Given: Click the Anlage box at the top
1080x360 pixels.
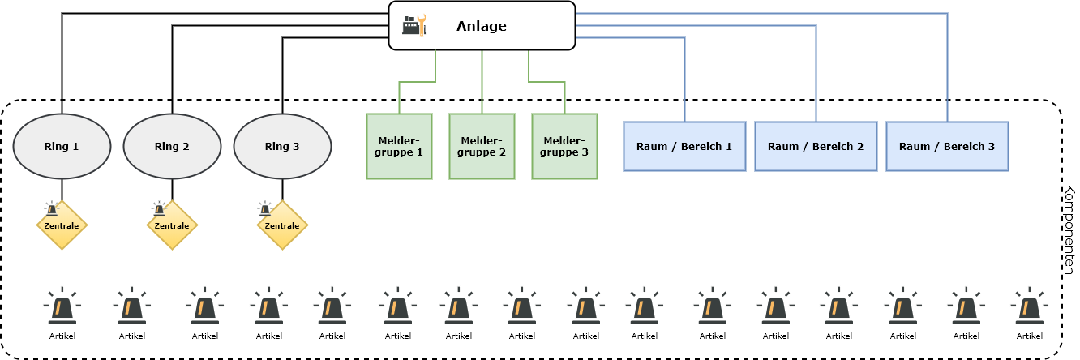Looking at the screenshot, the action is (x=482, y=26).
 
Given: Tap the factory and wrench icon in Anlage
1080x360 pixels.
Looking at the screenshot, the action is (x=414, y=26).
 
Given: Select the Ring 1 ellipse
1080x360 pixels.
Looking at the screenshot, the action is (x=62, y=147).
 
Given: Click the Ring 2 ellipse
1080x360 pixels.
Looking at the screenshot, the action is (x=172, y=147).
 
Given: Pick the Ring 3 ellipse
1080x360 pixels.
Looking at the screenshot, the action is (x=282, y=147).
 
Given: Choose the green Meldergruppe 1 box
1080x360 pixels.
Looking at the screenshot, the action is (x=399, y=147).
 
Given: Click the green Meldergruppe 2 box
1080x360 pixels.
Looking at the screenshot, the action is (x=482, y=147).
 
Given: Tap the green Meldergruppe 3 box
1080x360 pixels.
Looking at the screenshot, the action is (x=564, y=147).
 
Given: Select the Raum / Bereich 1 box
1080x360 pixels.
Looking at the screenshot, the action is (x=684, y=147).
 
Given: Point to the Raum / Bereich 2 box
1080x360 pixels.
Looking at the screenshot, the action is (x=816, y=147).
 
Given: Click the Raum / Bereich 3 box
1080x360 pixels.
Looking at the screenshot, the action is (x=947, y=147).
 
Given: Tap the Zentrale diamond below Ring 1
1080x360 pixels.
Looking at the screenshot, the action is (x=62, y=225).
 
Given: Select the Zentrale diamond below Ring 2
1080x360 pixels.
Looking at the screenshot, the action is (x=172, y=225).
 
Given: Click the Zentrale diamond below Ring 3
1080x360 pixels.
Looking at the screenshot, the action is (x=282, y=225).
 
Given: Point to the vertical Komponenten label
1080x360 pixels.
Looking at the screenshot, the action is (x=1069, y=229).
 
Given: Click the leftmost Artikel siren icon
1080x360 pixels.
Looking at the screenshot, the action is (x=62, y=306).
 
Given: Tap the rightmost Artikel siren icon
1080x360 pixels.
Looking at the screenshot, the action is (x=1030, y=306).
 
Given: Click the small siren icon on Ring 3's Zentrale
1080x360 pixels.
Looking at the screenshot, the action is (x=264, y=208).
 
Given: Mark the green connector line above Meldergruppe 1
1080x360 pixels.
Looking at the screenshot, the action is (x=418, y=82).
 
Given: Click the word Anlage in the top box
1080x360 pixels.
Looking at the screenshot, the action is (x=482, y=26).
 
